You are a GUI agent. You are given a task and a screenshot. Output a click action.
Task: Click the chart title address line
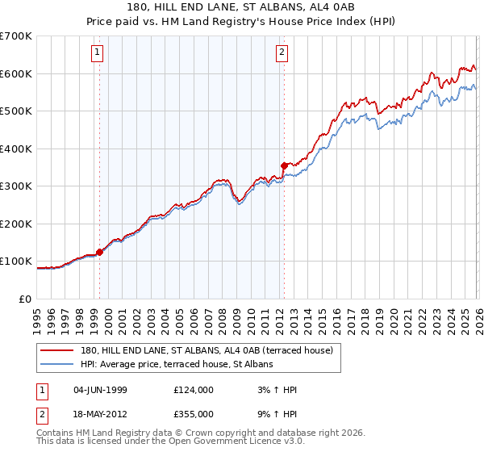(x=241, y=6)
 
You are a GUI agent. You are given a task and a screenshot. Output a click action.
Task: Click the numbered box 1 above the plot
(x=97, y=53)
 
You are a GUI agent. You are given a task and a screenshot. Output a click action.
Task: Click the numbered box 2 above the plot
(x=282, y=53)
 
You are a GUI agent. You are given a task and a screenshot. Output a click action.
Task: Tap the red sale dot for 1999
(x=100, y=252)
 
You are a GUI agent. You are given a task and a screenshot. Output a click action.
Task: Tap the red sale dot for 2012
(x=284, y=165)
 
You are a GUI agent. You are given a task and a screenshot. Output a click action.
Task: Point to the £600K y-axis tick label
(x=16, y=73)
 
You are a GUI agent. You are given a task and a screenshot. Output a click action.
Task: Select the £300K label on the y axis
(x=16, y=186)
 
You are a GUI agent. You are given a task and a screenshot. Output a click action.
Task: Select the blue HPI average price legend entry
(x=177, y=364)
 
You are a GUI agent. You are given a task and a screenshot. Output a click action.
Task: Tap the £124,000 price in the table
(x=193, y=390)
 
